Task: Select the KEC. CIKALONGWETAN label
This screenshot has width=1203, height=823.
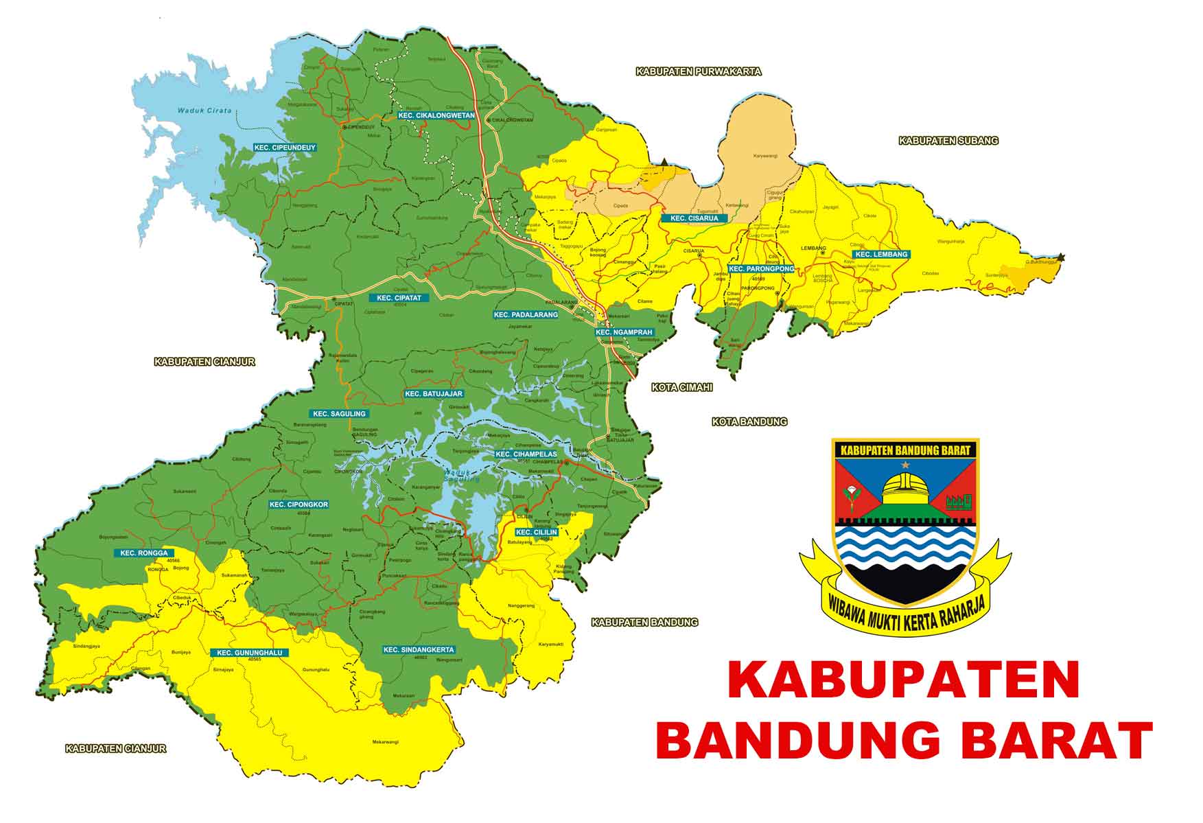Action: click(436, 115)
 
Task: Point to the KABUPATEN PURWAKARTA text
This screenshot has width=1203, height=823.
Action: click(699, 71)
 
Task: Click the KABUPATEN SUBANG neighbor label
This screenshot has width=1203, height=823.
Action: click(948, 141)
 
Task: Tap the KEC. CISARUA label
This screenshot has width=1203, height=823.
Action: click(694, 218)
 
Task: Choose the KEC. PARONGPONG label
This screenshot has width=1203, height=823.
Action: click(761, 269)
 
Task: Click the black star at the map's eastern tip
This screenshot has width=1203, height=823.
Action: click(1061, 257)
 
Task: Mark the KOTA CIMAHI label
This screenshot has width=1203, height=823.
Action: click(682, 388)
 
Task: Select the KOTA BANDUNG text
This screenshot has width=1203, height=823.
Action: click(749, 422)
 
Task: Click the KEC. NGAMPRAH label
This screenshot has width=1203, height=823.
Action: click(624, 332)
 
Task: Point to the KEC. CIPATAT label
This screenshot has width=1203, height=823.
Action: click(399, 298)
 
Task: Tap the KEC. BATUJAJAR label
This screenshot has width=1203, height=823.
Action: click(434, 394)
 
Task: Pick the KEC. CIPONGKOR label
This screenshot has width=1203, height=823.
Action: click(299, 505)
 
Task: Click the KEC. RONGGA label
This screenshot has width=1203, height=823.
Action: click(144, 553)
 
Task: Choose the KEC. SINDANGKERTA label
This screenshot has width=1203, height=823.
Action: click(419, 649)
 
